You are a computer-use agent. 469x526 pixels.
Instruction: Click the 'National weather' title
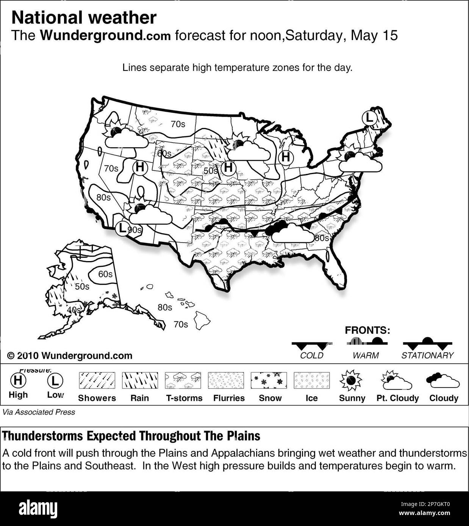click(84, 18)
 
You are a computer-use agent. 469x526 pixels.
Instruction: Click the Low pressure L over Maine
click(369, 118)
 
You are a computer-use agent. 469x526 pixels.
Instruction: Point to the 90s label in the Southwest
click(135, 230)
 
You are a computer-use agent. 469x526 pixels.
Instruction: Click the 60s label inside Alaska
click(105, 274)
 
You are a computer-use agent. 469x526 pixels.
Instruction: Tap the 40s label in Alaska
click(74, 310)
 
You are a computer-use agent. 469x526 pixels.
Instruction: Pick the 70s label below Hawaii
click(180, 324)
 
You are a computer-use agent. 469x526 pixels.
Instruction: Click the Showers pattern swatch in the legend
click(97, 380)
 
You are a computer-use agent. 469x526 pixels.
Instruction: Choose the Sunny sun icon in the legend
click(351, 380)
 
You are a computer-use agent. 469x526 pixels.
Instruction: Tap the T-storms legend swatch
click(183, 380)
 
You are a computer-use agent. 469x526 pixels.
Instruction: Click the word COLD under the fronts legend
click(311, 355)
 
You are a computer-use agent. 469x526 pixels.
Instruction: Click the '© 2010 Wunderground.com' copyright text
click(70, 356)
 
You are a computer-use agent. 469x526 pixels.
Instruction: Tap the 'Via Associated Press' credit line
click(39, 412)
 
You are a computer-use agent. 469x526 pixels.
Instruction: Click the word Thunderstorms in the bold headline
click(43, 436)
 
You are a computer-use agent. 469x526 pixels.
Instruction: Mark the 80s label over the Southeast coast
click(322, 238)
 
